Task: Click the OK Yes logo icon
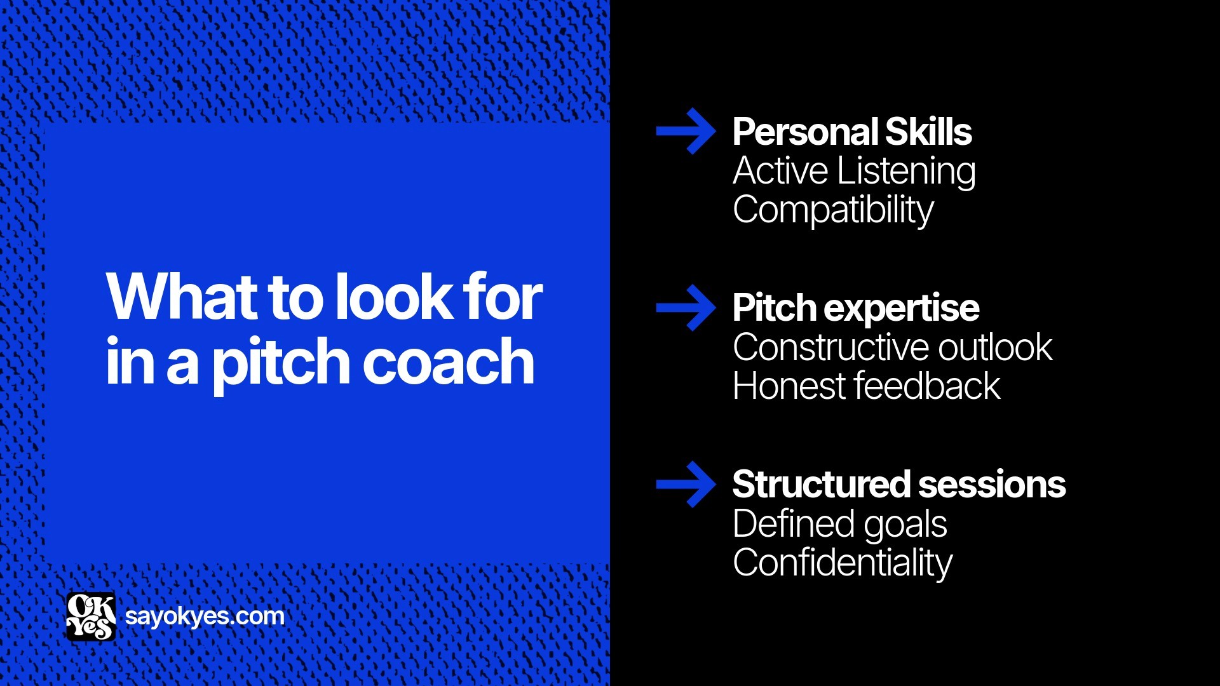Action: click(91, 616)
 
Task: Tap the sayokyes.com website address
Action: click(205, 616)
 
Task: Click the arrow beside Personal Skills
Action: click(686, 131)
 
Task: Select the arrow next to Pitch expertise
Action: click(686, 308)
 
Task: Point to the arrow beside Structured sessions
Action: click(686, 485)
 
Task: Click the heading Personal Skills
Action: click(851, 131)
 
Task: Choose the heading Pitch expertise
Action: click(855, 308)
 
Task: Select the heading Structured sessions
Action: click(898, 485)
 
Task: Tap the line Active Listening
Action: click(854, 171)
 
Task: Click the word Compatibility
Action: click(833, 210)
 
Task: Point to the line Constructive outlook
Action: click(892, 347)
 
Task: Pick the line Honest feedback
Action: click(866, 386)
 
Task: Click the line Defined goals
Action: click(839, 524)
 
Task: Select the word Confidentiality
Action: click(843, 563)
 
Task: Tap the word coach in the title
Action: click(448, 362)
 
